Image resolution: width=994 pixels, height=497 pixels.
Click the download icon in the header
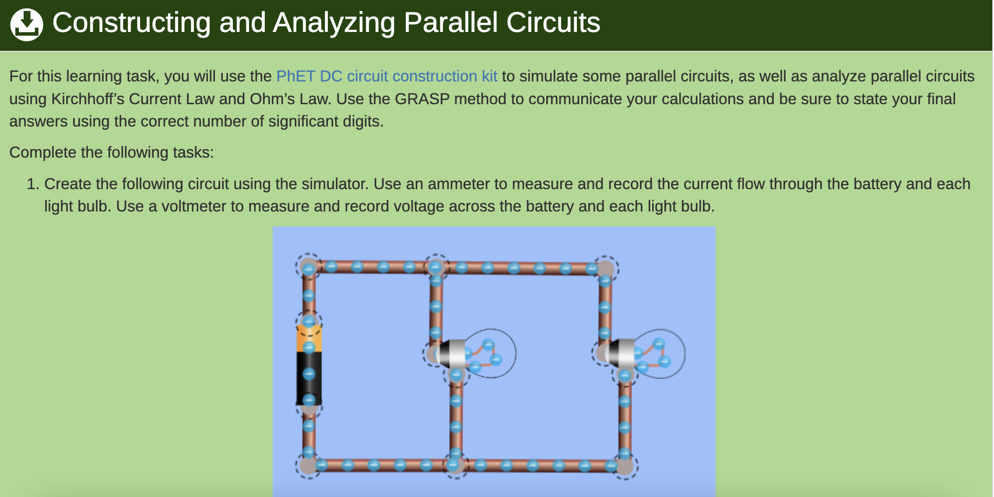(x=27, y=25)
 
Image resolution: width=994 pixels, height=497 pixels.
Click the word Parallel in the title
(x=451, y=22)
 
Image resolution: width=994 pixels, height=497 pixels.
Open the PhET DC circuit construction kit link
(x=387, y=76)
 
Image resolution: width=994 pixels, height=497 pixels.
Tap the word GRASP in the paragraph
(x=422, y=99)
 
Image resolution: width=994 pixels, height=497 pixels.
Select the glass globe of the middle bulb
(x=489, y=353)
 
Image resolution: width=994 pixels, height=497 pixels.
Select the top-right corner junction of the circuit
(x=605, y=268)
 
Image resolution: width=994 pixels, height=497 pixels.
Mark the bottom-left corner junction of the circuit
(x=309, y=465)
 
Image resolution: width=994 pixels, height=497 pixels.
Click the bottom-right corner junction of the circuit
(x=625, y=466)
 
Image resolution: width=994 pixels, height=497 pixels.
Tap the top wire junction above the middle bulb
(x=436, y=267)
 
